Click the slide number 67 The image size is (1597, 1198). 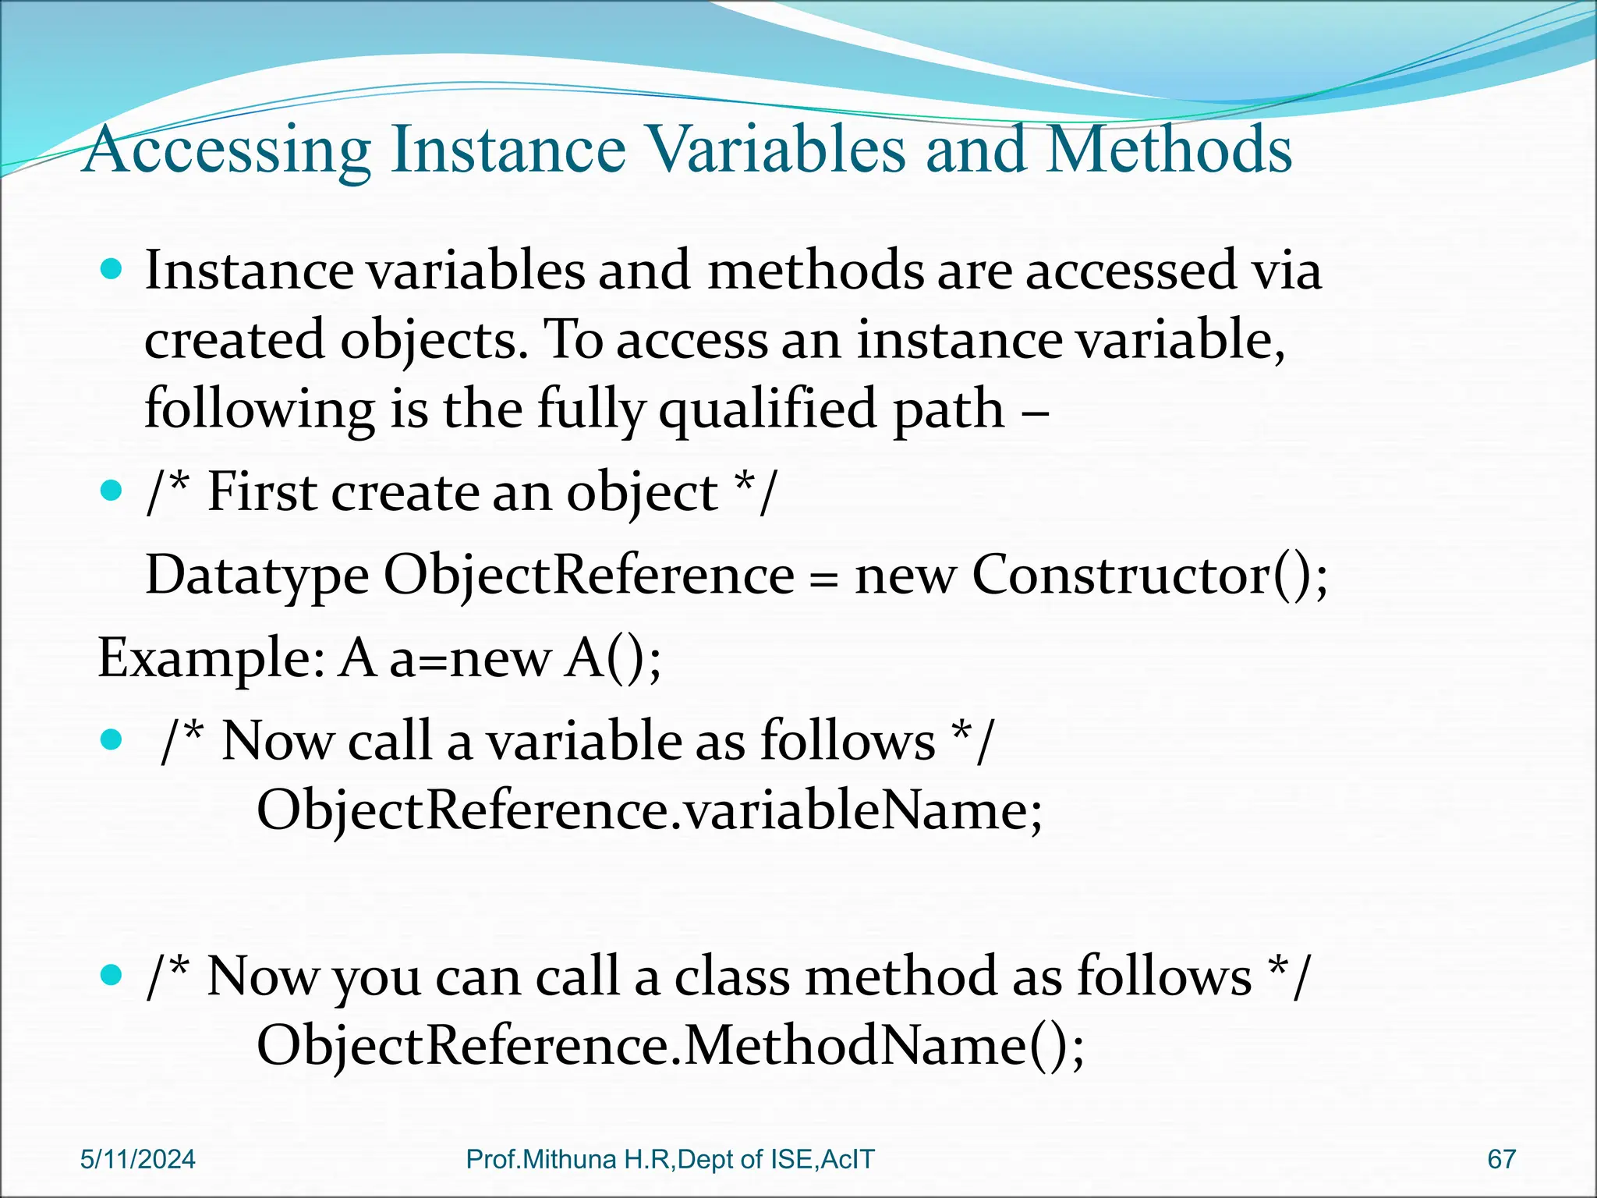click(x=1501, y=1159)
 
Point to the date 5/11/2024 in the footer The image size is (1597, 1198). click(x=138, y=1159)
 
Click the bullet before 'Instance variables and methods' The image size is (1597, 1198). click(x=112, y=271)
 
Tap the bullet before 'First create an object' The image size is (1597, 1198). click(x=112, y=491)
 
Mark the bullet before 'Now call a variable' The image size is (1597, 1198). click(x=112, y=739)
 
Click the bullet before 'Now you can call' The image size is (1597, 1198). click(x=112, y=975)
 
